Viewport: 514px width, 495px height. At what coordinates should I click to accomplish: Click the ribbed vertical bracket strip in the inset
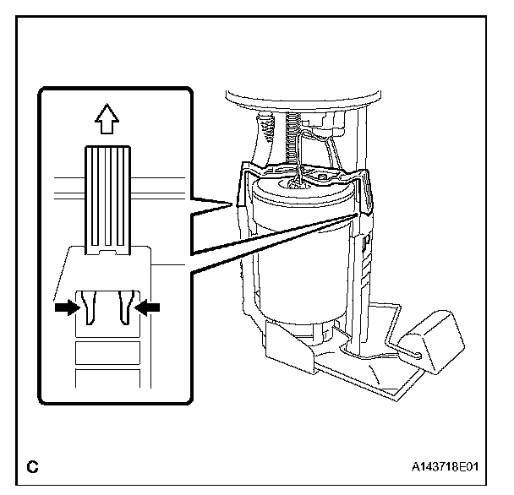coord(107,194)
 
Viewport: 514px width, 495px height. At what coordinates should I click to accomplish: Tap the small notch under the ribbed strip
coord(107,251)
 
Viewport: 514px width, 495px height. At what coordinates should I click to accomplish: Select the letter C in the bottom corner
coord(33,465)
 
